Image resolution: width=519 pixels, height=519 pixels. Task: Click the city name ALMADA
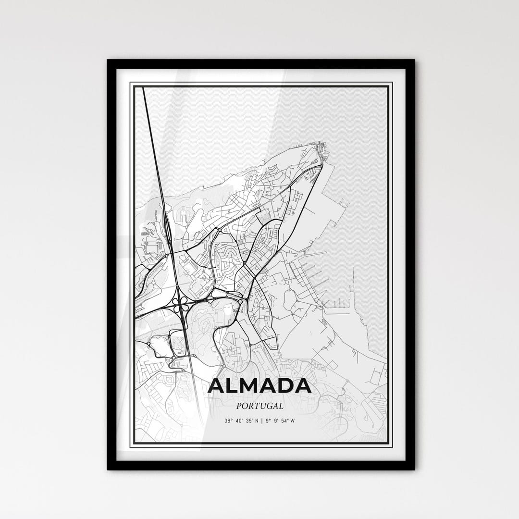click(x=259, y=386)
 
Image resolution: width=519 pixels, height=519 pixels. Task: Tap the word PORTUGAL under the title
click(x=259, y=406)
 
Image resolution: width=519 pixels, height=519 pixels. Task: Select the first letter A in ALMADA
click(x=217, y=386)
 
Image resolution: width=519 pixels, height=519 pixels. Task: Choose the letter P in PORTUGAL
click(x=239, y=406)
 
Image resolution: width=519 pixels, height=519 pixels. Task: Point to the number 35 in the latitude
click(x=249, y=421)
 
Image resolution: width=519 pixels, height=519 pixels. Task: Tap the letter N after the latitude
click(x=257, y=421)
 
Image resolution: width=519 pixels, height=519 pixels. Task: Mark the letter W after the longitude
click(x=292, y=421)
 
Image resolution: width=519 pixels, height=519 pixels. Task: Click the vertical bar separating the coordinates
click(x=262, y=421)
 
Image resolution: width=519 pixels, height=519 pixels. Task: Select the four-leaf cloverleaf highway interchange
click(x=181, y=303)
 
